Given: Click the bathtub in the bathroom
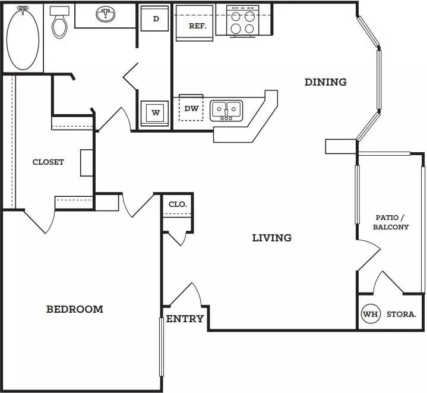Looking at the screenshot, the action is click(23, 38).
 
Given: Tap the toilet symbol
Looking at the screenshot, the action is click(59, 23).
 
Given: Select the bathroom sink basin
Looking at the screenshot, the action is click(105, 14).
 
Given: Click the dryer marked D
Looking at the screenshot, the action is click(154, 18).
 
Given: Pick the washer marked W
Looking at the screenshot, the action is click(154, 113).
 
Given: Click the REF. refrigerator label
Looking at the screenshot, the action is click(198, 26).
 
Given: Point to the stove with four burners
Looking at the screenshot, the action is click(243, 21).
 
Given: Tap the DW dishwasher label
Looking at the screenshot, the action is click(191, 108).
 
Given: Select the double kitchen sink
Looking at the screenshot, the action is click(226, 111).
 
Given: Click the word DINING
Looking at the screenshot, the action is click(325, 82).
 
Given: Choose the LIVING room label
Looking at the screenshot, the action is click(272, 238).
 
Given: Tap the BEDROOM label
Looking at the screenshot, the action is click(75, 309).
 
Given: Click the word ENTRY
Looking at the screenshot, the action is click(185, 319).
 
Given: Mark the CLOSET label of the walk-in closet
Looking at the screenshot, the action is click(48, 162).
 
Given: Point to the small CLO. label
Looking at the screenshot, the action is click(178, 204).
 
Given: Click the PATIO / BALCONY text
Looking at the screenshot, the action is click(391, 222).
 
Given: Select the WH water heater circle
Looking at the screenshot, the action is click(371, 314).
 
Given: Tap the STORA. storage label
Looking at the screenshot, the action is click(401, 315).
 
